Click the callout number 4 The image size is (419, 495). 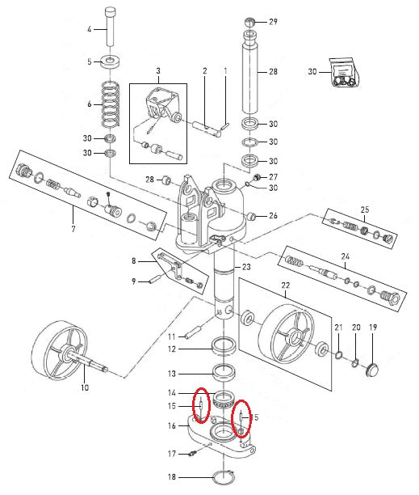coord(90,29)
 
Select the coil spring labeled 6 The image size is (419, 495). coord(111,104)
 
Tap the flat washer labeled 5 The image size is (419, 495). coord(111,61)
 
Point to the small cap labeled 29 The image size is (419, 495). coord(249,23)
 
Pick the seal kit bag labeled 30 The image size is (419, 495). coord(344,72)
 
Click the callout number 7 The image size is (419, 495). coord(73,229)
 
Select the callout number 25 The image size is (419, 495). coord(364,209)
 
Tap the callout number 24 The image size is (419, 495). coord(346,256)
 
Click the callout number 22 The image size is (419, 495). coord(286,286)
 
